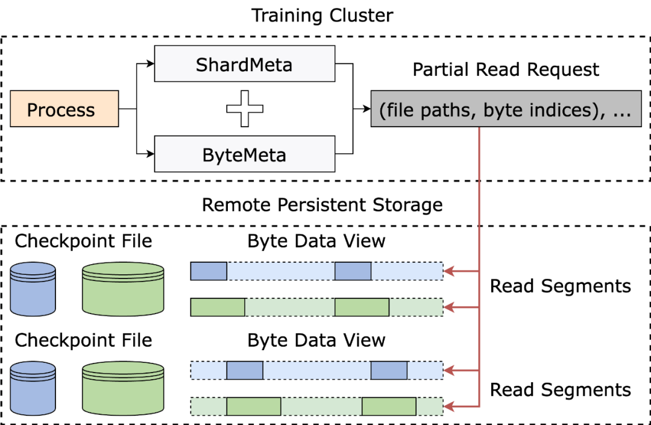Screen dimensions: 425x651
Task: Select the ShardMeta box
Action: [x=244, y=64]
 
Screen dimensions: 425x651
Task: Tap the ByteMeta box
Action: [x=244, y=154]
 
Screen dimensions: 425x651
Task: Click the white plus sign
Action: [x=245, y=109]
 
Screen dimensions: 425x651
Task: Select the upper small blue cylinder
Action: [x=33, y=289]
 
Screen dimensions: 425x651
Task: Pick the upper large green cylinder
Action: [x=123, y=289]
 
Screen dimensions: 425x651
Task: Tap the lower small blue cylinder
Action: [x=33, y=388]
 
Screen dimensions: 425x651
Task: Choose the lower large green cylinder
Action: [x=123, y=388]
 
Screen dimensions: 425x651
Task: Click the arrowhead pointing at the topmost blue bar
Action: [x=449, y=271]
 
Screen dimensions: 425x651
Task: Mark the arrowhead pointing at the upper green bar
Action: [x=449, y=307]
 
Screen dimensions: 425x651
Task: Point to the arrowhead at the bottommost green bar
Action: [x=449, y=406]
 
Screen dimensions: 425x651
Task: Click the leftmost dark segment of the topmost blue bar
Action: [x=209, y=271]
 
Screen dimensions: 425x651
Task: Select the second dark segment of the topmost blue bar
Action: [x=353, y=271]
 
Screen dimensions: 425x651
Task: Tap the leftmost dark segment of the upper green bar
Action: [x=218, y=307]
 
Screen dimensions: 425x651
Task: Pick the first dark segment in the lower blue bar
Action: [x=245, y=370]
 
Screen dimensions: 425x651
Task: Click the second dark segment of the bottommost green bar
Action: [x=389, y=406]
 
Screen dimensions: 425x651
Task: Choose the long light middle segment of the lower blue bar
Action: [x=316, y=370]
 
